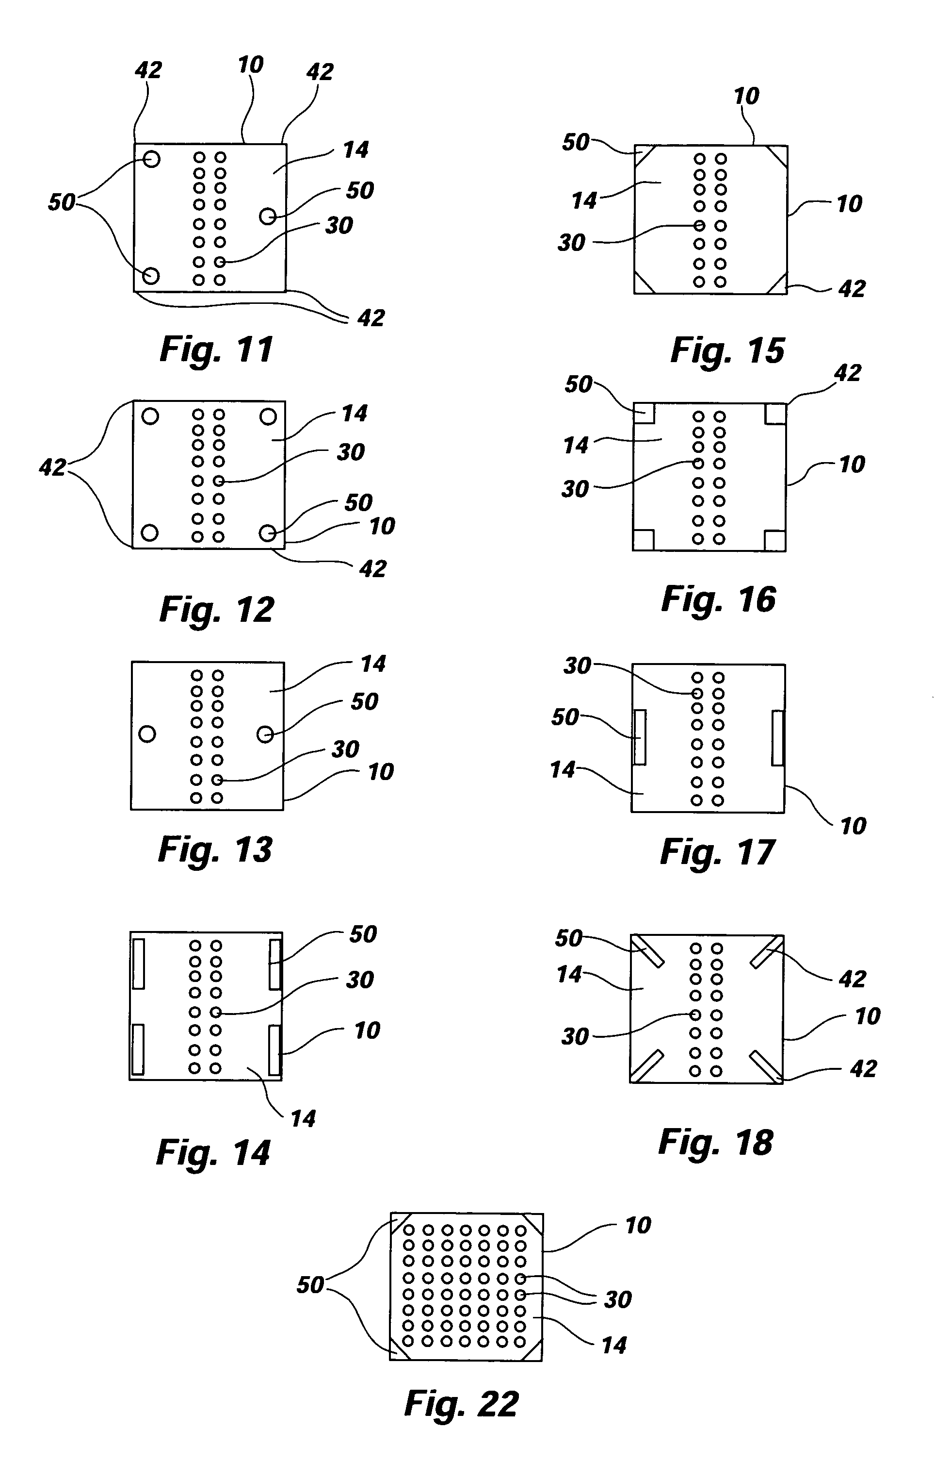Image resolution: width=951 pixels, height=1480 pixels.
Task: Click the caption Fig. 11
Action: [216, 350]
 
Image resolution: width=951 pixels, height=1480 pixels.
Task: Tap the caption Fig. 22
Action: [461, 1404]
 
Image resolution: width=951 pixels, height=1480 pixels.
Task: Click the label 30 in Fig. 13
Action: [345, 749]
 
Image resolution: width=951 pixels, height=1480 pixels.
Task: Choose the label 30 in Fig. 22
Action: [617, 1299]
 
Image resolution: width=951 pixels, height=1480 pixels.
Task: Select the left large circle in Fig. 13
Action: [147, 733]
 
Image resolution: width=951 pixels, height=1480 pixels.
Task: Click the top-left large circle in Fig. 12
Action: [150, 416]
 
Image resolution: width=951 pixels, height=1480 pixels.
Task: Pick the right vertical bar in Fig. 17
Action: [777, 737]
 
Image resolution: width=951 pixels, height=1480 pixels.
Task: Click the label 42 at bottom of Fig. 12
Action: [373, 568]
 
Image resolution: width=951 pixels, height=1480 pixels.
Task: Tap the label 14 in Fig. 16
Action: [576, 445]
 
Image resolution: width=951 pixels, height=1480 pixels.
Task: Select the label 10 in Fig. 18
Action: [867, 1016]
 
